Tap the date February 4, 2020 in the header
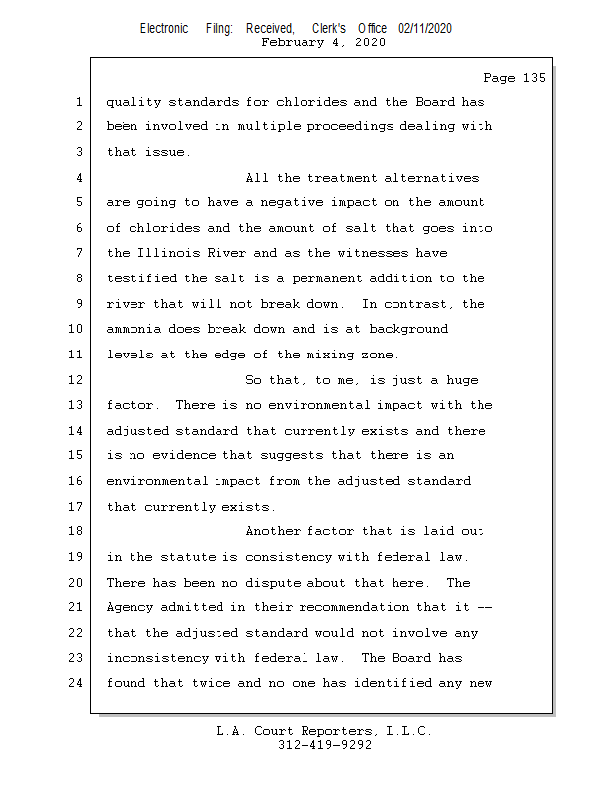point(323,42)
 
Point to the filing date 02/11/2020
point(425,29)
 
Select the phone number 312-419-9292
point(324,746)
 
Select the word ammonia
point(133,329)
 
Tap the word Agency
point(130,608)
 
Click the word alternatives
point(431,178)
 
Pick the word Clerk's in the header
point(327,29)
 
